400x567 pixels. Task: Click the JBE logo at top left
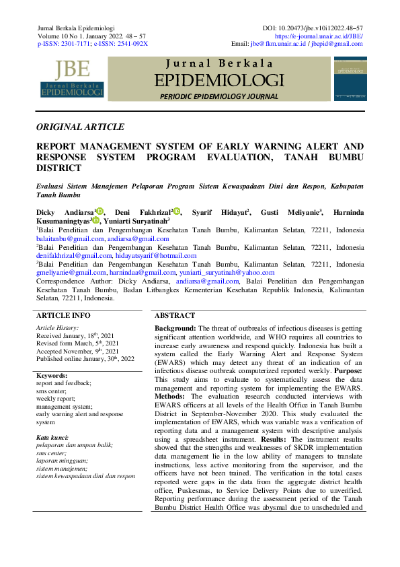73,79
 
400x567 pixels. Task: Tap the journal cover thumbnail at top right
350,79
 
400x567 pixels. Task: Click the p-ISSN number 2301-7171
73,43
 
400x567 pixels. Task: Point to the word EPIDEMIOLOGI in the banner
219,81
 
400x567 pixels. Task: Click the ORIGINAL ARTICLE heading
80,127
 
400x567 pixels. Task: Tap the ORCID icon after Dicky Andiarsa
99,211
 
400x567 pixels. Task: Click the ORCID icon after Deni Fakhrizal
177,211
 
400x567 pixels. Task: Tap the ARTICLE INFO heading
63,315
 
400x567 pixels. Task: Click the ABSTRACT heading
175,315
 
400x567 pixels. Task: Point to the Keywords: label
52,375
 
